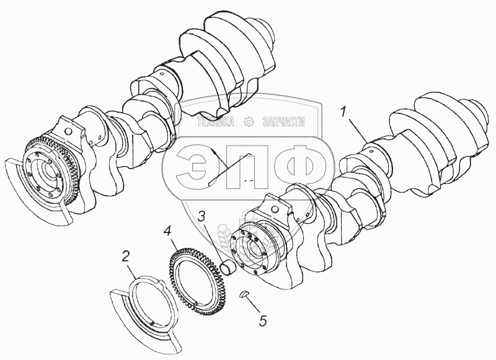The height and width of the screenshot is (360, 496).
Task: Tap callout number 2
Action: click(x=125, y=257)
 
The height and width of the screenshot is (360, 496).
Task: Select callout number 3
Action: click(x=202, y=217)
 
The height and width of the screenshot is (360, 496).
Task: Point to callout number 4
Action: click(x=167, y=231)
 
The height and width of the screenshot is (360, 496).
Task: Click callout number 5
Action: click(x=263, y=320)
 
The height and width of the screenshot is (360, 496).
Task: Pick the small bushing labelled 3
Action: click(x=228, y=269)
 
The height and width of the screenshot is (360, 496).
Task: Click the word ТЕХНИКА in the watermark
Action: click(x=215, y=121)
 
